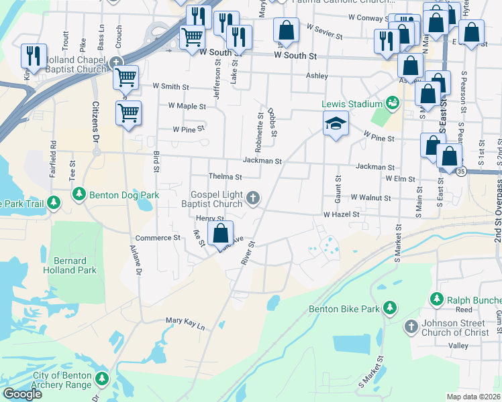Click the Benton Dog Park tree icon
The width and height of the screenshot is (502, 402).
79,195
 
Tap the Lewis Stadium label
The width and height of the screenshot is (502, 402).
351,104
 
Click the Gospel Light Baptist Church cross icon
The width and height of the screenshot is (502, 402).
253,197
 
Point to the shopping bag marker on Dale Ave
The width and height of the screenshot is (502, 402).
220,234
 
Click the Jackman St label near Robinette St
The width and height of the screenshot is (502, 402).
262,161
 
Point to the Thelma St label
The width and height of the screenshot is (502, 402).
224,176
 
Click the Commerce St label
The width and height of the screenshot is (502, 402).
158,237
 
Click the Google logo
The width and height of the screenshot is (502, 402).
23,394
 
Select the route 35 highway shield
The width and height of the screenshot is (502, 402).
461,172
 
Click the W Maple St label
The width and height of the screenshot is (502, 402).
187,106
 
